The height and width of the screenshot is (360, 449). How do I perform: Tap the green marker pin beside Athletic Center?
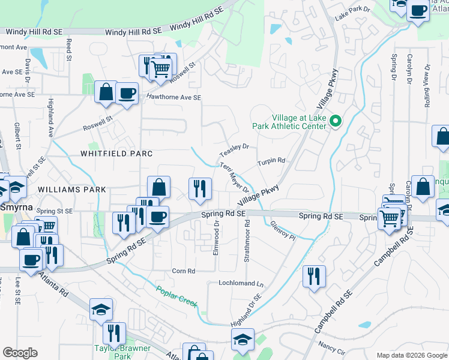point(336,123)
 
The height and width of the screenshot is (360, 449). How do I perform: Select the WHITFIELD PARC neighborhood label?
point(113,154)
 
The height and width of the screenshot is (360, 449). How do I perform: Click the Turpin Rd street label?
point(271,161)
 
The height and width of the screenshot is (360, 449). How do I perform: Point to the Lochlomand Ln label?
point(241,283)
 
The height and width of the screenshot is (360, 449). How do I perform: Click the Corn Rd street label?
point(184,271)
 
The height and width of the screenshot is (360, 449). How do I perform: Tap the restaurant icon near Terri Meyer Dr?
point(199,188)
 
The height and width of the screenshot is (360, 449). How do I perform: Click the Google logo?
point(20,353)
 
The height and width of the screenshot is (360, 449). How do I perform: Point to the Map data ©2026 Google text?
point(411,355)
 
